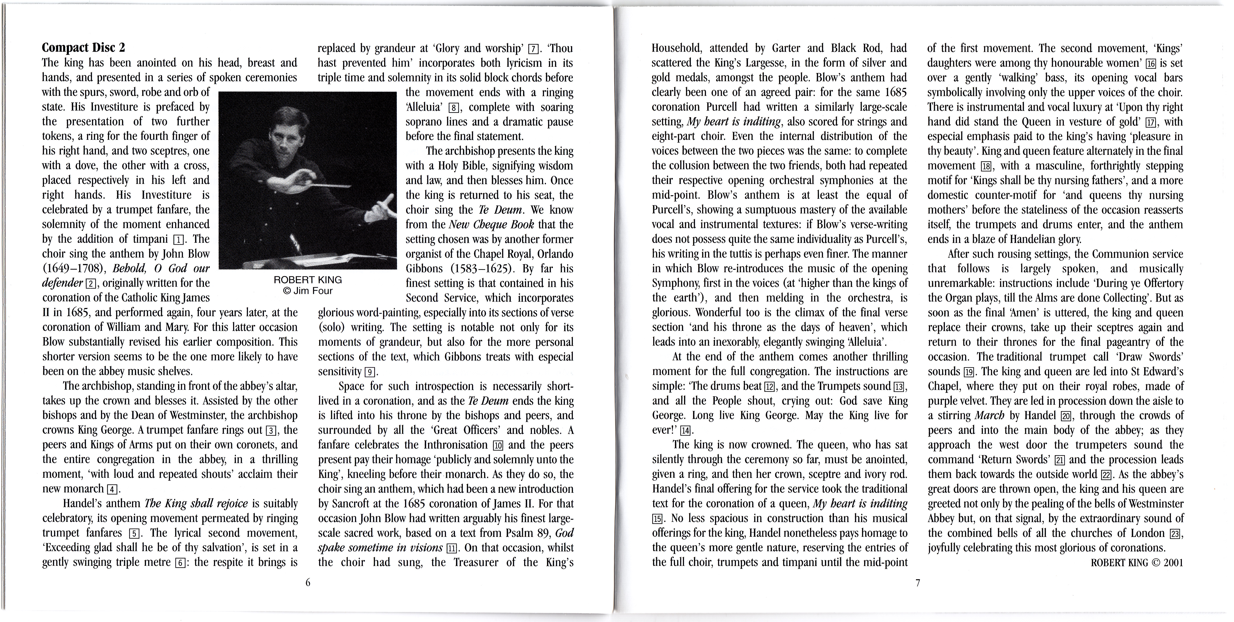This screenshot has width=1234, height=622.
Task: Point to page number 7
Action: (918, 582)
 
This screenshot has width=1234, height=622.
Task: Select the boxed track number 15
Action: (658, 519)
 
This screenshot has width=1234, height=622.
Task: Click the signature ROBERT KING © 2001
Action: (1137, 563)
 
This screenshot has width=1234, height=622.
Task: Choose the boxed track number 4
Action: (112, 489)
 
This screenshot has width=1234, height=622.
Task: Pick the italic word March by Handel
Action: (989, 416)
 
